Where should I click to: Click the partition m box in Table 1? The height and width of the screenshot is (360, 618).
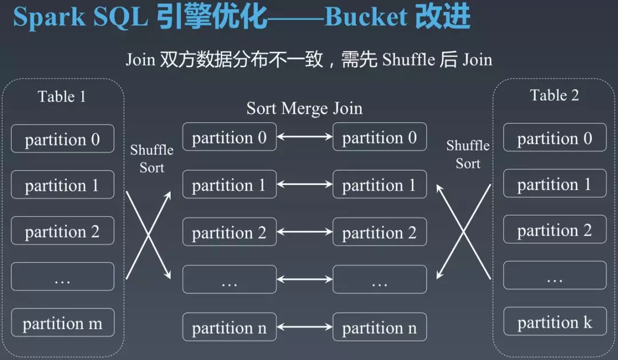(63, 323)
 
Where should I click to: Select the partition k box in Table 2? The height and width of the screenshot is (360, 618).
(554, 321)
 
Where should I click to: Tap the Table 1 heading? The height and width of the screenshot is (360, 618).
(61, 97)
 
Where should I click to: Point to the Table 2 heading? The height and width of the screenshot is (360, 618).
(554, 95)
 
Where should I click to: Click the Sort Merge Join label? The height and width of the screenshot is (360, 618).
(304, 108)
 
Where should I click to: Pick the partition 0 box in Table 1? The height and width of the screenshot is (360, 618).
(63, 139)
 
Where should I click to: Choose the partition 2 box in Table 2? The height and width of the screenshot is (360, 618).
(554, 229)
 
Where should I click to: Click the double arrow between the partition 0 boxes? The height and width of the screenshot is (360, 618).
(304, 137)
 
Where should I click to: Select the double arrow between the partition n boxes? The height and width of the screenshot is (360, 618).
(304, 327)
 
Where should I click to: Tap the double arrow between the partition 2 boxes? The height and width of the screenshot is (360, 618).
(304, 232)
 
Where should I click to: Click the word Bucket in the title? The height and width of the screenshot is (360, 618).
(365, 17)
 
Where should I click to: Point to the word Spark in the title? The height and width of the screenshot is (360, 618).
(49, 18)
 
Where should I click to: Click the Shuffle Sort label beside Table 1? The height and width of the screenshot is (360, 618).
(152, 159)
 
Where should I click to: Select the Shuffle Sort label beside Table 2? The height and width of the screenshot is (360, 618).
(468, 154)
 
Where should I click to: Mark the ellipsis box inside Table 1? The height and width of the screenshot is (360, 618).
(63, 276)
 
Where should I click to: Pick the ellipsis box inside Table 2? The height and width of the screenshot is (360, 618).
(554, 275)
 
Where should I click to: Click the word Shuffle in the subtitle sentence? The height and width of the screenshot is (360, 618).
(409, 60)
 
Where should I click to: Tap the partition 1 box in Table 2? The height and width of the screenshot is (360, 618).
(554, 183)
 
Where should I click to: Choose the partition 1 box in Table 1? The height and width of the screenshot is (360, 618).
(63, 184)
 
